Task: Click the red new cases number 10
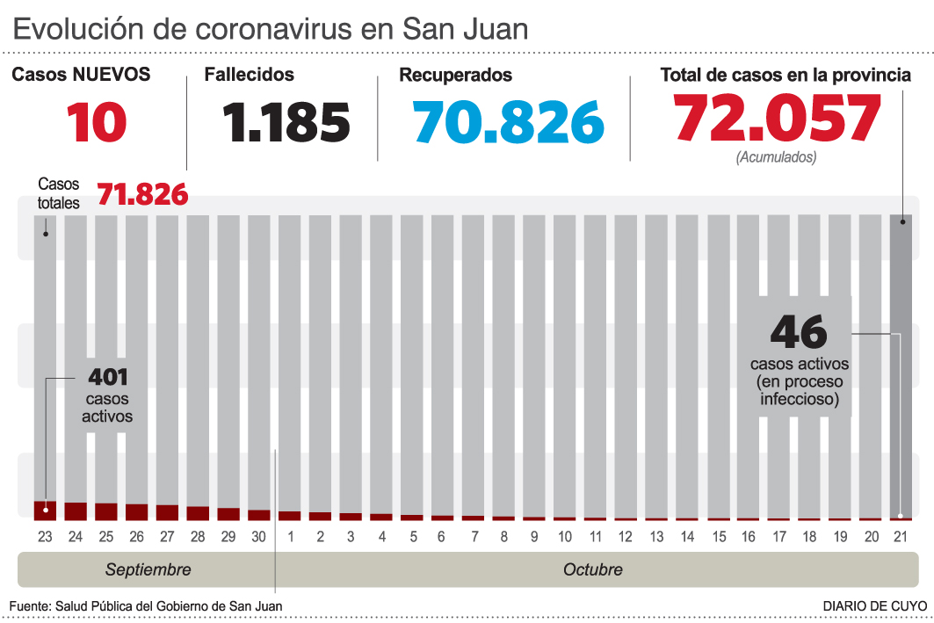point(97,122)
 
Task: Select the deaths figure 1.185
point(286,122)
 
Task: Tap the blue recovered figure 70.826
point(510,122)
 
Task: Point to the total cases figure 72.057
point(777,118)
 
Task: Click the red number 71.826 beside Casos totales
point(142,194)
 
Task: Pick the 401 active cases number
point(108,378)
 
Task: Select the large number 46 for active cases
point(799,332)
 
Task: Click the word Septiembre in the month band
point(148,569)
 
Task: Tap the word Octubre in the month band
point(592,569)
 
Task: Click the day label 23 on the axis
point(45,537)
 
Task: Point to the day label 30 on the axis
point(258,537)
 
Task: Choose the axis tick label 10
point(565,537)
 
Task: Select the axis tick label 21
point(900,537)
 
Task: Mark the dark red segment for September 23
point(45,511)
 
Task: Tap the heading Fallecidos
point(249,76)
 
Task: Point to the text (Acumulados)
point(776,157)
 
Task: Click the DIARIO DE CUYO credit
point(874,606)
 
